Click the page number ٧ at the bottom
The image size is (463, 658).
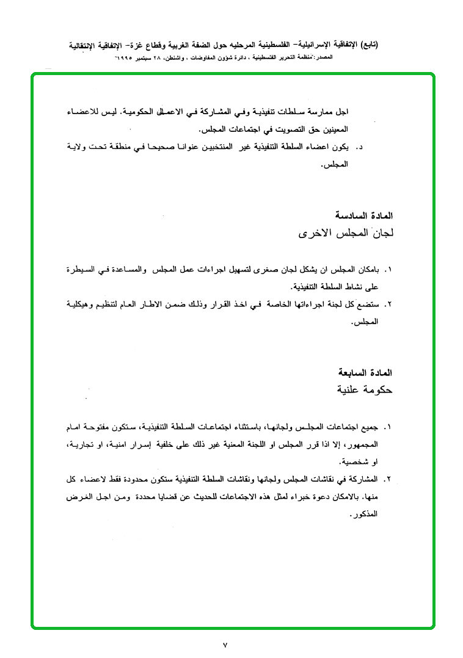coord(225,645)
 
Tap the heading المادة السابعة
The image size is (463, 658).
coord(366,372)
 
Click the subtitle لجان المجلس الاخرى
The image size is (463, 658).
coord(345,233)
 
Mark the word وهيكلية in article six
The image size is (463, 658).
coord(82,303)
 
